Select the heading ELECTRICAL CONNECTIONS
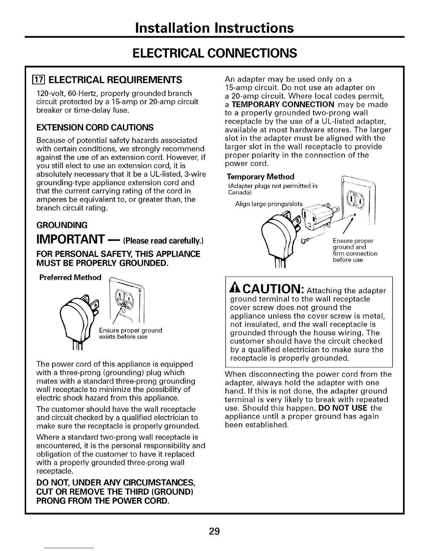click(x=215, y=53)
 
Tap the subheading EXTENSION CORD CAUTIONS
click(x=95, y=127)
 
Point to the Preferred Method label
click(x=70, y=277)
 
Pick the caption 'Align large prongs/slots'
click(x=269, y=204)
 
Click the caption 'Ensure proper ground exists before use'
click(x=131, y=333)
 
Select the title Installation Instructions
click(x=215, y=27)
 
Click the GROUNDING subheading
click(x=62, y=225)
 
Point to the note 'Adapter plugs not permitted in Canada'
click(x=273, y=189)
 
